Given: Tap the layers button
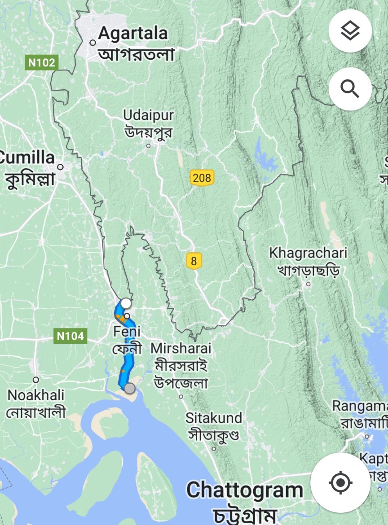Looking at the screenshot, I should tap(350, 31).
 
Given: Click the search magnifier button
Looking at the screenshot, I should tap(350, 89).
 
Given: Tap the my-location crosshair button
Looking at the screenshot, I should tap(340, 483).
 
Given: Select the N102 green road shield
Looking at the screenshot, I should tap(42, 63).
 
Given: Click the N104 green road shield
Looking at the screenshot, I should tap(71, 336).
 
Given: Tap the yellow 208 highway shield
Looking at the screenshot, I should tap(202, 178).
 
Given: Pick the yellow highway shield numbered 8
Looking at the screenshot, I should tap(194, 261).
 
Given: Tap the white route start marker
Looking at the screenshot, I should tap(126, 303).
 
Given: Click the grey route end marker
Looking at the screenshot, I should tap(129, 389).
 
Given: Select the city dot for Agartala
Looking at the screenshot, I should tap(93, 43).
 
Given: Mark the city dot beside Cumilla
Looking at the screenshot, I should tap(60, 167).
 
